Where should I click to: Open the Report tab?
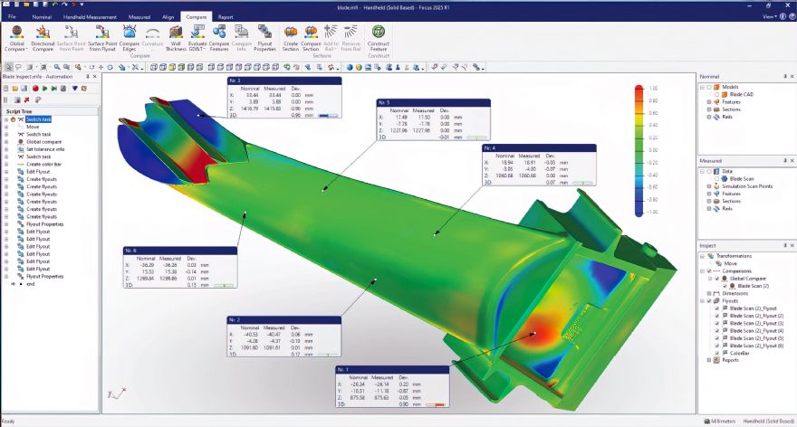pyautogui.click(x=226, y=17)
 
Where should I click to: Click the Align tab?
pyautogui.click(x=167, y=17)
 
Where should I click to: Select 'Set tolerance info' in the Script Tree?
pyautogui.click(x=45, y=148)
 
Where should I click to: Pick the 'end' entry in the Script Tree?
pyautogui.click(x=31, y=284)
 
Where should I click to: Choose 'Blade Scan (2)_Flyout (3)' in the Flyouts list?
pyautogui.click(x=750, y=323)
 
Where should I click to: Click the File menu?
pyautogui.click(x=12, y=17)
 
